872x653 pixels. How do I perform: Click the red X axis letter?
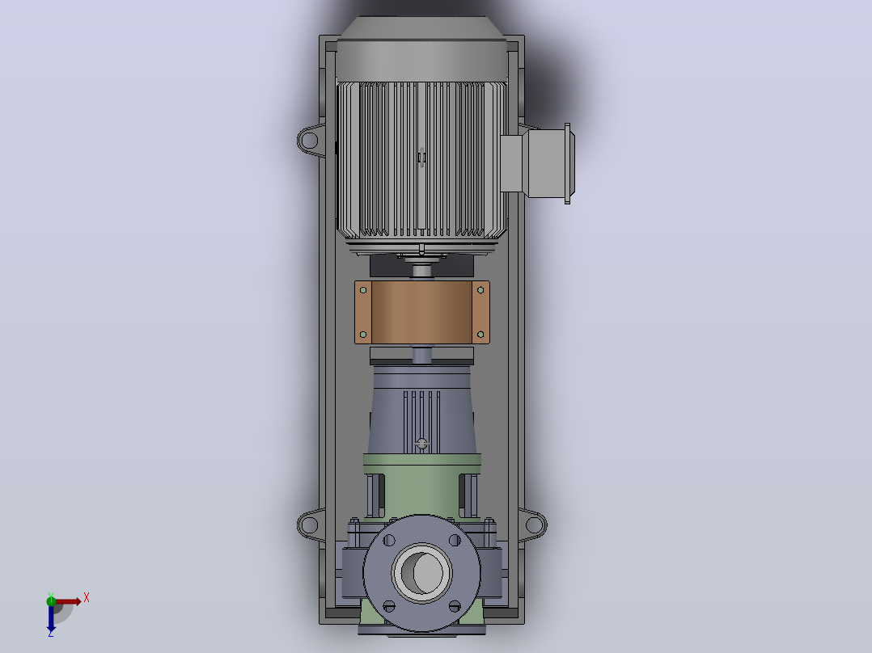pyautogui.click(x=87, y=598)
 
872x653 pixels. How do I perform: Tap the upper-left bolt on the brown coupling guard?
pyautogui.click(x=363, y=290)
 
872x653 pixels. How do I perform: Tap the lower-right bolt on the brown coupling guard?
pyautogui.click(x=480, y=335)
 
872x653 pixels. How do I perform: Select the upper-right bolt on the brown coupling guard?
pyautogui.click(x=480, y=290)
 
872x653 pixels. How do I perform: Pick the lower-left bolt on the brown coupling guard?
pyautogui.click(x=363, y=335)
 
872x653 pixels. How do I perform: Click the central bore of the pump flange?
pyautogui.click(x=422, y=572)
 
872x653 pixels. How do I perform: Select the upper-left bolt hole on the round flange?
pyautogui.click(x=389, y=540)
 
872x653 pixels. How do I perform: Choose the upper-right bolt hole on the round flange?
pyautogui.click(x=455, y=540)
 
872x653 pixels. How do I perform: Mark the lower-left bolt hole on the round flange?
pyautogui.click(x=389, y=606)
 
